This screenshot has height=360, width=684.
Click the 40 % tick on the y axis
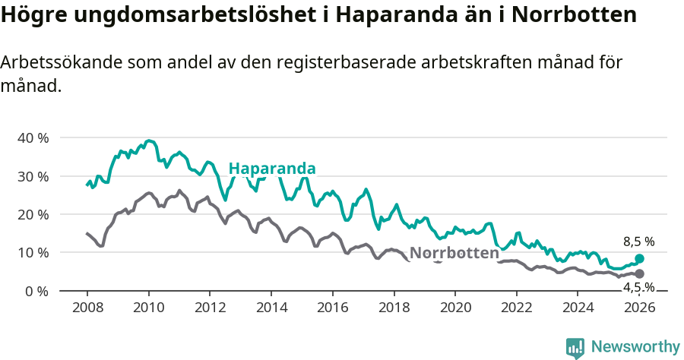click(x=32, y=138)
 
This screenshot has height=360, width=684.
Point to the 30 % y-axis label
click(x=32, y=176)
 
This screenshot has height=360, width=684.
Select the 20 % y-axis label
click(x=32, y=214)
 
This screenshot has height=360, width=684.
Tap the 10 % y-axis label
click(x=32, y=252)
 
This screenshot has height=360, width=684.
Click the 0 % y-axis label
click(x=36, y=291)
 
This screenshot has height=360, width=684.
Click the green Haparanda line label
click(x=272, y=169)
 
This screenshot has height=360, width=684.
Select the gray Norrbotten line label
click(x=454, y=253)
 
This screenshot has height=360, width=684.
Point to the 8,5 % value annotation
click(x=638, y=242)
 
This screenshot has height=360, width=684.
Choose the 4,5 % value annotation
click(x=638, y=287)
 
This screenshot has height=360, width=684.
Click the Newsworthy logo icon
click(x=575, y=348)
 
